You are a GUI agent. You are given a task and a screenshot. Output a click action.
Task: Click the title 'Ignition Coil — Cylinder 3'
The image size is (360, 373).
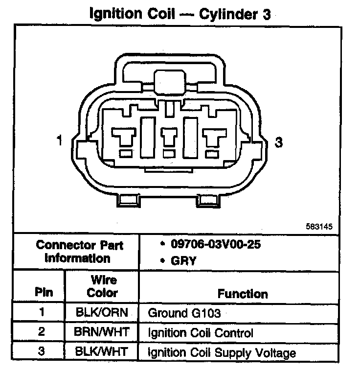point(179,13)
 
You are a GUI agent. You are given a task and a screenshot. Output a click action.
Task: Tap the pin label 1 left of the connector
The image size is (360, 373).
point(59,141)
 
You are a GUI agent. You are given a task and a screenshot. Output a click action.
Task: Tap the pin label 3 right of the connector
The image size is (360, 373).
point(278,142)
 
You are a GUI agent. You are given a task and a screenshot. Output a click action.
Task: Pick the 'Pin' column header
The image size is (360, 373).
point(41,293)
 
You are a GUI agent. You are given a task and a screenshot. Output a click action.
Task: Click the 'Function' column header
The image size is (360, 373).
point(243,294)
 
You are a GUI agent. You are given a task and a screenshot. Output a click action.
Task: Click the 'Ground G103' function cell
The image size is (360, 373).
point(180,312)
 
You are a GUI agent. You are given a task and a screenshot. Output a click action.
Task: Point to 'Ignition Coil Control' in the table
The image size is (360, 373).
point(201,333)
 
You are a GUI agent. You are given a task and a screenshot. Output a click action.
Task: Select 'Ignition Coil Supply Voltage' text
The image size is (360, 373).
point(222,353)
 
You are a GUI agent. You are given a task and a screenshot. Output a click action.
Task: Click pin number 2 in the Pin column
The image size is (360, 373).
point(41,332)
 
